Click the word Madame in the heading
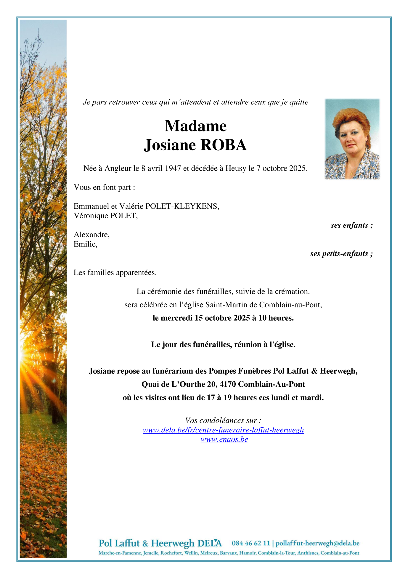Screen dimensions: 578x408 [195, 126]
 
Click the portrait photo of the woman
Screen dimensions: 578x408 [352, 139]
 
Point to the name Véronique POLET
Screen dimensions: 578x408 [105, 216]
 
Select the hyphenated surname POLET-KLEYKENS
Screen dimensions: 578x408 [182, 206]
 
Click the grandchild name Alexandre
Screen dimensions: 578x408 [91, 235]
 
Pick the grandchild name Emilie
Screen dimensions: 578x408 [85, 244]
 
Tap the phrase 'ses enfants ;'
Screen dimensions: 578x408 [351, 225]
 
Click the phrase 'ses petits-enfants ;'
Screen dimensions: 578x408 [341, 254]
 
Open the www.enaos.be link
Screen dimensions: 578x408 [224, 440]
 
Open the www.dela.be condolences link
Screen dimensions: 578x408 [223, 430]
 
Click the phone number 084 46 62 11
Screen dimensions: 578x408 [251, 543]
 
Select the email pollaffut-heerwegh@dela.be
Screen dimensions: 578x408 [317, 543]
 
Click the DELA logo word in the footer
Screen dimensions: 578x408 [209, 543]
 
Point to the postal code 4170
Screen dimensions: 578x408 [228, 384]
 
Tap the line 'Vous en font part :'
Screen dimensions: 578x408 [104, 187]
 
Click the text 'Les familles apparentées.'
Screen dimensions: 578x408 [115, 273]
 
